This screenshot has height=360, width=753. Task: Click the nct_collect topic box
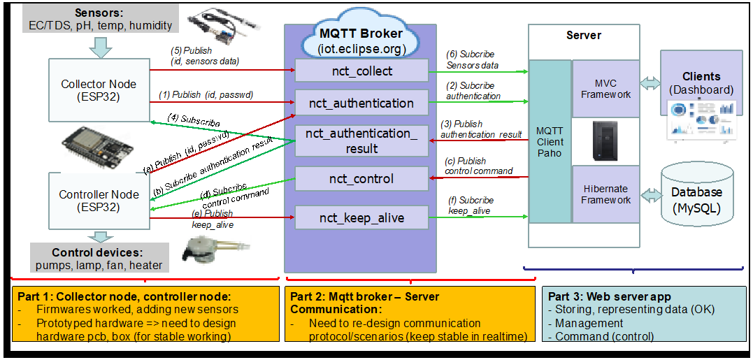point(361,71)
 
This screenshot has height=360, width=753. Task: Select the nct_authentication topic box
point(361,103)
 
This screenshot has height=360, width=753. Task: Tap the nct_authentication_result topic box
point(361,141)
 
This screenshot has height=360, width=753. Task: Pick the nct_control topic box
point(361,179)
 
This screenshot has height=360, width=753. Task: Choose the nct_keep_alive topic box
point(361,218)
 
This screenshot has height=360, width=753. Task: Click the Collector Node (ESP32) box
point(99,90)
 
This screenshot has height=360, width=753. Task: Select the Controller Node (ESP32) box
point(99,201)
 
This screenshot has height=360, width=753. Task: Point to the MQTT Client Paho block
point(550,141)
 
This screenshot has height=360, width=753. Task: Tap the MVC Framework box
point(605,89)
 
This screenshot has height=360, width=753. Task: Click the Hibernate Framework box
point(605,194)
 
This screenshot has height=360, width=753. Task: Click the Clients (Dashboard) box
point(701,82)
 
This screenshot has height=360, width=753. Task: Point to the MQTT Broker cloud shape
point(361,40)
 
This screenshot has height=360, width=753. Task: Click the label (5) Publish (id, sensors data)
point(204,56)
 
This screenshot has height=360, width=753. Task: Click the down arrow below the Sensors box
point(102,46)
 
